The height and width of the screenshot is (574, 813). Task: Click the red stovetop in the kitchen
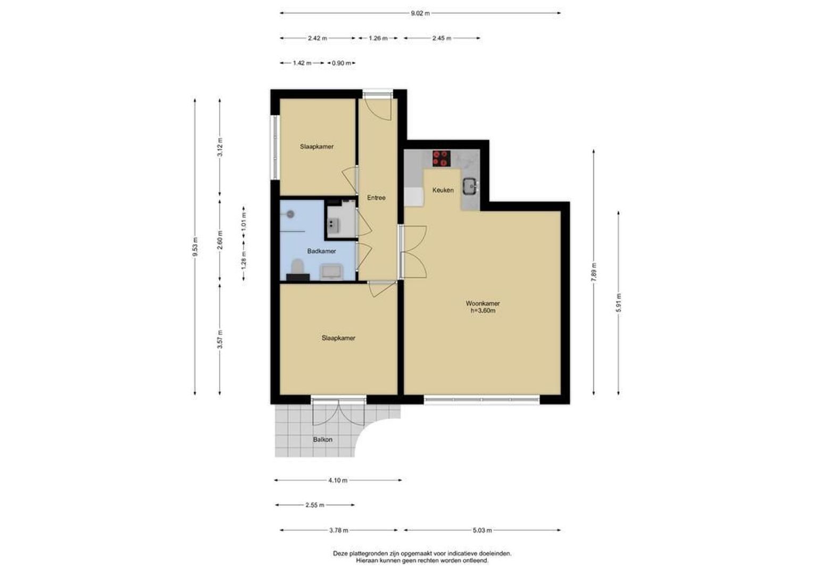(x=441, y=158)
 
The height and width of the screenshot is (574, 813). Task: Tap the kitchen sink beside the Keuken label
(x=470, y=187)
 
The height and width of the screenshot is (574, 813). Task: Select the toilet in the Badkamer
(x=297, y=266)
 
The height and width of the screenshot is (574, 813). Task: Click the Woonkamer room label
(x=483, y=303)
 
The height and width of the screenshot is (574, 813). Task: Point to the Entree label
(x=376, y=198)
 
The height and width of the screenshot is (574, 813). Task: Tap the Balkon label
(x=322, y=440)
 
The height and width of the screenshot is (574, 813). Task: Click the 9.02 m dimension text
(x=420, y=13)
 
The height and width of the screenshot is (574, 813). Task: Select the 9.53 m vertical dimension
(x=195, y=247)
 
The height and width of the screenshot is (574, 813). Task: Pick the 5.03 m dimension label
(x=483, y=530)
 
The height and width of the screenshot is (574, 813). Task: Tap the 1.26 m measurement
(x=378, y=38)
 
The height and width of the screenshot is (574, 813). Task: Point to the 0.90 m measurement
(x=341, y=63)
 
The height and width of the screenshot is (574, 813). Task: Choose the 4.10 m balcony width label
(x=338, y=480)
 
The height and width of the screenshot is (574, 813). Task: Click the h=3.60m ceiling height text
(x=483, y=311)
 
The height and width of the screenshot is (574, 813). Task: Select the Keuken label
(x=443, y=190)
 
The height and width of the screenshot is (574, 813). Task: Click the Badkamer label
(x=321, y=251)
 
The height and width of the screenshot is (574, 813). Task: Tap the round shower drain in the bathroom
(x=290, y=214)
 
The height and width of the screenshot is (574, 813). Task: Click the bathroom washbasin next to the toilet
(x=330, y=272)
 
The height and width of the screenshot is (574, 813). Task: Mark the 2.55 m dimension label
(x=314, y=505)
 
